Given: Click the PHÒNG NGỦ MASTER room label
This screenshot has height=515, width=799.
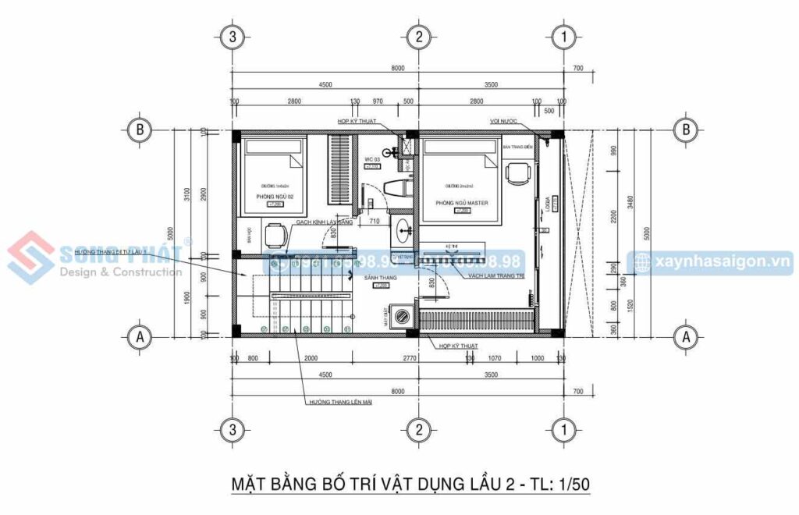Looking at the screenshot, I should (461, 203).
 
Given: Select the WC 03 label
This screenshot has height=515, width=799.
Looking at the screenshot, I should (371, 159).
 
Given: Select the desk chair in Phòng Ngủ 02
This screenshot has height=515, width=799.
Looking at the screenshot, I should (273, 233).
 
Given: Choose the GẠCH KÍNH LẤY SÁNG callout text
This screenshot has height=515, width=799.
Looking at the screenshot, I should (323, 222).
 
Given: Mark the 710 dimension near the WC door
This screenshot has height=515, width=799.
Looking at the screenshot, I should (374, 222).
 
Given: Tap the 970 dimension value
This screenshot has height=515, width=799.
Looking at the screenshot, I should (378, 101).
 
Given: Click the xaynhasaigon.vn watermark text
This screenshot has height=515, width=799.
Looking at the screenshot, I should (719, 263).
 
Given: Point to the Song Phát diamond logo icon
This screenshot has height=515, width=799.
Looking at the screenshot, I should (30, 257).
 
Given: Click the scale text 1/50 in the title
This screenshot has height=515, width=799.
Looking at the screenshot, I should (569, 484).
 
